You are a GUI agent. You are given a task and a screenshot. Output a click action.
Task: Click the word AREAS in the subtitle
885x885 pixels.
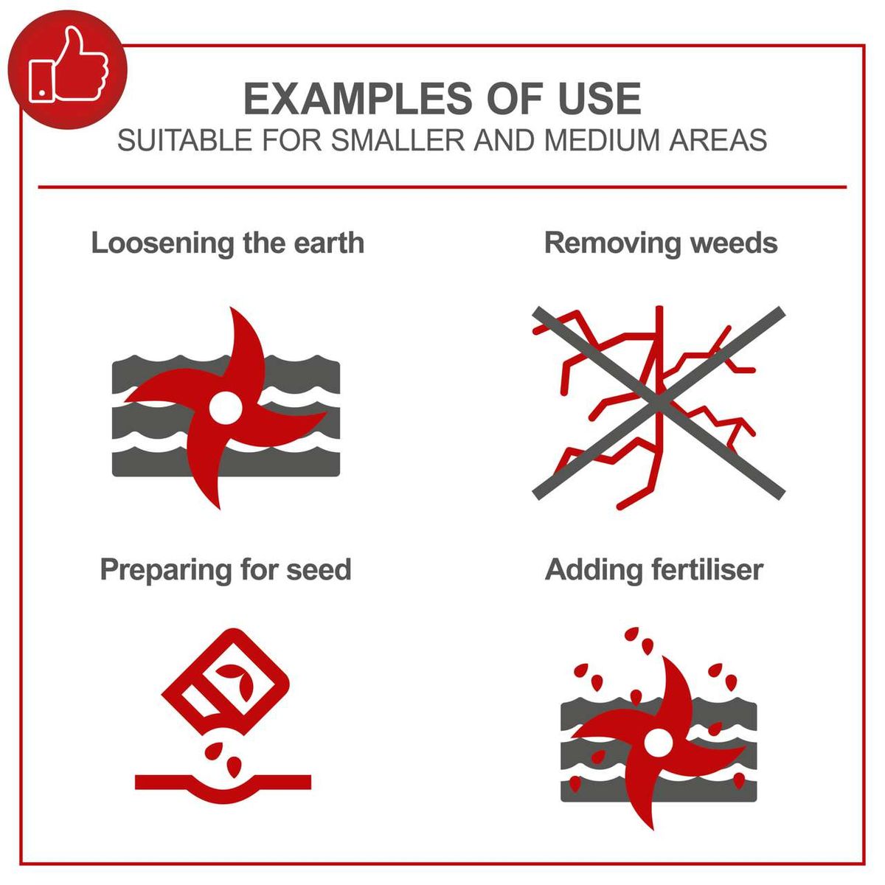pos(718,140)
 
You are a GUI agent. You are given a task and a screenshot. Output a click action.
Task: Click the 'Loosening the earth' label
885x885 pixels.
pos(227,243)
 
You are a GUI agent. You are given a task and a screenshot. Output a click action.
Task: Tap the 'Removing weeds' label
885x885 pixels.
pos(660,243)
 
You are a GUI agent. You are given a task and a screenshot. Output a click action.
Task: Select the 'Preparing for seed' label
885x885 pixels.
pos(225,569)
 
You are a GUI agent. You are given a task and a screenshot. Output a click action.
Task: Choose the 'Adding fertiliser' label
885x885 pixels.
pos(653,569)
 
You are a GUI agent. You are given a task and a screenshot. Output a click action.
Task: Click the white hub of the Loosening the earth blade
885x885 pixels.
pos(224,406)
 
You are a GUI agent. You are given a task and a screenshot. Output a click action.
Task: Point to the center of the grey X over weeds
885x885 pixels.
pos(658,402)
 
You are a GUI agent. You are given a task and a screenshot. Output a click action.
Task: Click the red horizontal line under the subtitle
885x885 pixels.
pos(442,187)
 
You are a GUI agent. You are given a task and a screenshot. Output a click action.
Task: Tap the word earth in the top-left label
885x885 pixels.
pos(329,243)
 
